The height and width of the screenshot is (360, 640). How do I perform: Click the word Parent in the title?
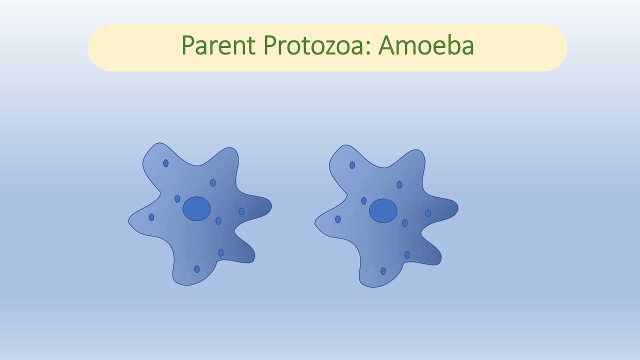219,46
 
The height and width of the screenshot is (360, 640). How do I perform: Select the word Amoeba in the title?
426,46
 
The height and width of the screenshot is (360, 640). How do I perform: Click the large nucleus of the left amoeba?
196,209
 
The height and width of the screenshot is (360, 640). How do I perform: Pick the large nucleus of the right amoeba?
383,211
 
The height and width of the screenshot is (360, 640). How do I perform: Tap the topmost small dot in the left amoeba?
166,163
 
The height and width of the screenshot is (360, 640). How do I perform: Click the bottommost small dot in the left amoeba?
197,269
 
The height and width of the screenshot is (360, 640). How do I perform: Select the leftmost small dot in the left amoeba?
151,217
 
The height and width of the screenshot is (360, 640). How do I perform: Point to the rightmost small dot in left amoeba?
241,211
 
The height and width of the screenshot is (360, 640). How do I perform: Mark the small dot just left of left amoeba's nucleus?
177,199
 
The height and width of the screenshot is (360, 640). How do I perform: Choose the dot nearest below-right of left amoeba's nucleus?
218,221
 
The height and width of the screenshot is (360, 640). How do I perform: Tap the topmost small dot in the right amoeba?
352,165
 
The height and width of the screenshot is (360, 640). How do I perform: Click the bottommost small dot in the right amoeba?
383,271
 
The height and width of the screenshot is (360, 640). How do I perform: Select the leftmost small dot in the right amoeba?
338,219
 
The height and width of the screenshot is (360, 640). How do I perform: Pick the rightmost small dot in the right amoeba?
428,213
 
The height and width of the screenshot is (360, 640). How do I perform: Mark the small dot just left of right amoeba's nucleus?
364,201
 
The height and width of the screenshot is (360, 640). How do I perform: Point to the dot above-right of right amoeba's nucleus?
399,185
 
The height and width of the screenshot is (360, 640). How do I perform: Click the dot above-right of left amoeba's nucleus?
213,183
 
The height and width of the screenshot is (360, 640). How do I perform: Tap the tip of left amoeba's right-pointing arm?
270,205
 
